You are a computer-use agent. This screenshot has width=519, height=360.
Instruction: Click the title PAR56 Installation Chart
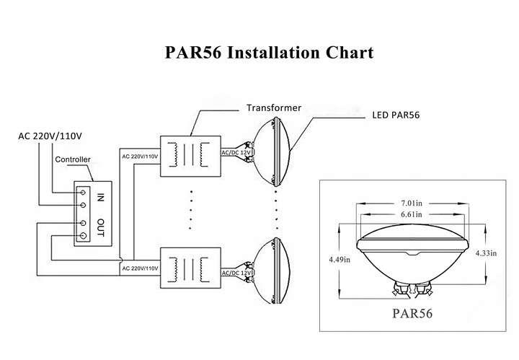pos(269,53)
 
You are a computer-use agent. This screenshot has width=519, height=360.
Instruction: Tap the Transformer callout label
pos(274,108)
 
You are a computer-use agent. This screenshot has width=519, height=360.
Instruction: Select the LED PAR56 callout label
pos(396,115)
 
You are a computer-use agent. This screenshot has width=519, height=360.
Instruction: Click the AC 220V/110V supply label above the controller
pos(50,136)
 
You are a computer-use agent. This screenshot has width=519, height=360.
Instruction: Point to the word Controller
pos(73,159)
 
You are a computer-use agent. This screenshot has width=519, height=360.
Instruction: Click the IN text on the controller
pos(100,198)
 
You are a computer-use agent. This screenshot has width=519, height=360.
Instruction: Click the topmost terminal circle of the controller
pos(83,193)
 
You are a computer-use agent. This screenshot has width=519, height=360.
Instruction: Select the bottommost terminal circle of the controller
pos(84,235)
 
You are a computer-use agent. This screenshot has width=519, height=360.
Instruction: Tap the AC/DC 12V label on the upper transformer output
pos(236,153)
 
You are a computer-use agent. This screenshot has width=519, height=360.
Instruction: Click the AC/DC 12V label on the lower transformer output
pos(236,273)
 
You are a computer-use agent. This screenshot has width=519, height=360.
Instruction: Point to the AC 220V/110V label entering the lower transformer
pos(140,268)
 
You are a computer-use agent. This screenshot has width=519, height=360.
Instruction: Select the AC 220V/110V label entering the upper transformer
pos(140,157)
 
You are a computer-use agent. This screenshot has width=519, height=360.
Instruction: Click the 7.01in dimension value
pos(412,203)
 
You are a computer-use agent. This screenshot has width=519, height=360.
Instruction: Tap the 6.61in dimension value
pos(412,214)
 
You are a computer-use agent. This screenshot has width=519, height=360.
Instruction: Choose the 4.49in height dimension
pos(340,259)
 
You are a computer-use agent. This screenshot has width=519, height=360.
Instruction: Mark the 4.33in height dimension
pos(486,253)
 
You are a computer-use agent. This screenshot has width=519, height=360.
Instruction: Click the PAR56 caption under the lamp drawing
pos(412,313)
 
